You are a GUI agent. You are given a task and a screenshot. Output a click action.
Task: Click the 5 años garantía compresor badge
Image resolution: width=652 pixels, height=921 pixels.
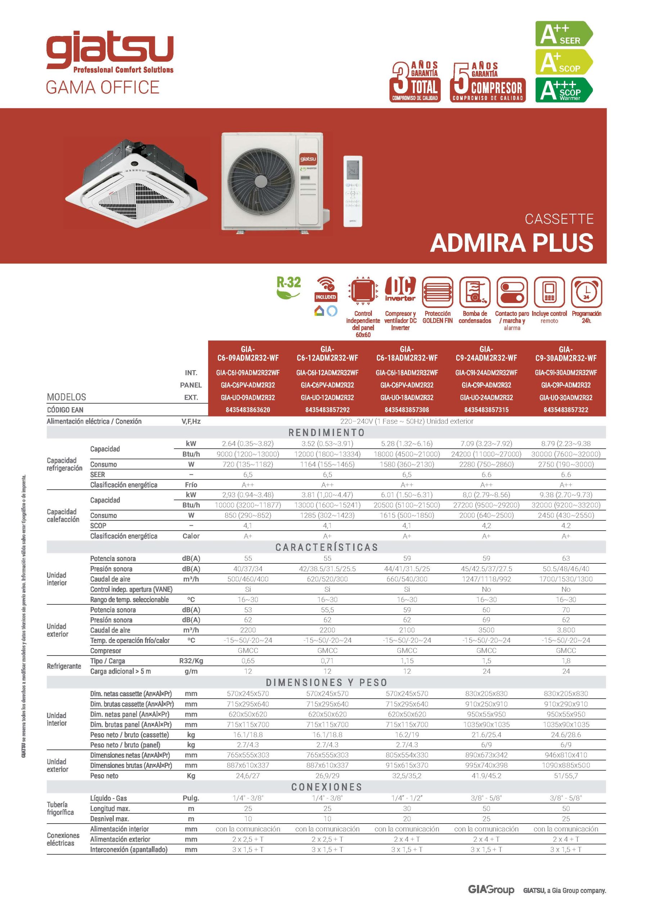click(x=487, y=82)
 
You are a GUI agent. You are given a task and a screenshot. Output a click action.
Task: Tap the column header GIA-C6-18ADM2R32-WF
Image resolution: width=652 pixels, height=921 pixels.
click(x=407, y=353)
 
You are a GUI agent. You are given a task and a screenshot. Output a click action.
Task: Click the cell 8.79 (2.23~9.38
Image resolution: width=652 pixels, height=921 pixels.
click(x=566, y=443)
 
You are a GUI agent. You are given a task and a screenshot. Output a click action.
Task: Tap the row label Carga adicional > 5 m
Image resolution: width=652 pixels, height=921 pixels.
click(x=121, y=671)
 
